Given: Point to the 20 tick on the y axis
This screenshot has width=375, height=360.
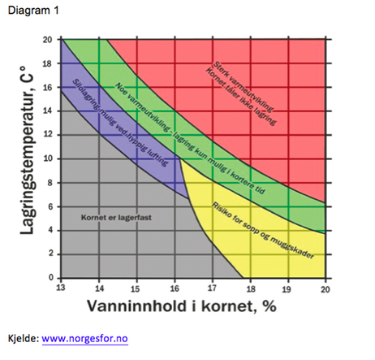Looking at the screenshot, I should (50, 39).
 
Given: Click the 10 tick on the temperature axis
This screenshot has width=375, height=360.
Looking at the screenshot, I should (50, 158).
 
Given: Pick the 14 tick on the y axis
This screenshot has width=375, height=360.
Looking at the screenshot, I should (50, 111).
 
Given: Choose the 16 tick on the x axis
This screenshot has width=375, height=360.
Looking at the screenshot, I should (175, 288).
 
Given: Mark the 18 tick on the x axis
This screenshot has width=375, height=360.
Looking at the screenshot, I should (249, 288).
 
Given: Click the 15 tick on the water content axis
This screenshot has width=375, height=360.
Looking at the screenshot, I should (137, 288).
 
